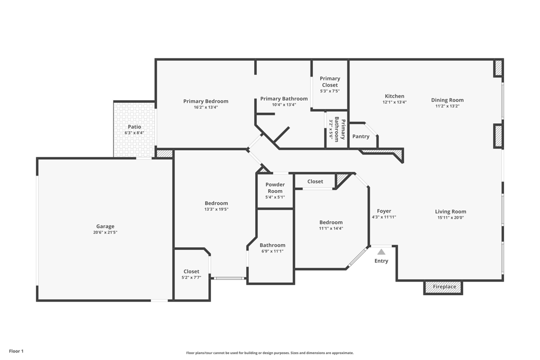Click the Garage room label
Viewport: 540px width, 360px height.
105,227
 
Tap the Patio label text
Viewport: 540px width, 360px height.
134,127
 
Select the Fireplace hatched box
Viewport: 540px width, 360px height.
443,287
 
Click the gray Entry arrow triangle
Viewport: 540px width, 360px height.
381,252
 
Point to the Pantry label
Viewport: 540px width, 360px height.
361,137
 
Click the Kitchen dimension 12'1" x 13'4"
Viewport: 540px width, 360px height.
394,102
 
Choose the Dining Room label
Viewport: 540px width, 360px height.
447,100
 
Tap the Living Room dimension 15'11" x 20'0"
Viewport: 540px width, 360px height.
451,218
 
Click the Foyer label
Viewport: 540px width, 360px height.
384,211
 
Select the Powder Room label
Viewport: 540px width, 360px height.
275,188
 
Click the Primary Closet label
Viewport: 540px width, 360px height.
330,82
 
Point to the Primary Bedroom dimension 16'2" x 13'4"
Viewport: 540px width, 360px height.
206,108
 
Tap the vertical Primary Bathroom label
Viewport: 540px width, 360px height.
340,130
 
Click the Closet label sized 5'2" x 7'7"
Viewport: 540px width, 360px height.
191,271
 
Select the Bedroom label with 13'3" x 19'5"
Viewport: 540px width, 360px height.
216,203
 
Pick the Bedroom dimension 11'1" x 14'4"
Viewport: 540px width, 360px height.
331,228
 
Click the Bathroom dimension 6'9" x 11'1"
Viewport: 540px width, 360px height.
272,251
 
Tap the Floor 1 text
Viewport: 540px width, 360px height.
16,351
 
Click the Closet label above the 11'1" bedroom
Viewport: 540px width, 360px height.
315,181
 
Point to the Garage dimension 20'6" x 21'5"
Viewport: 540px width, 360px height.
105,232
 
